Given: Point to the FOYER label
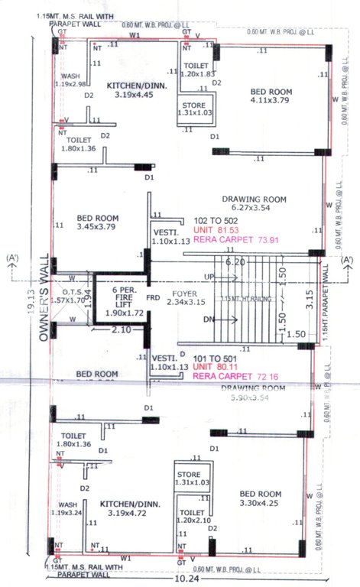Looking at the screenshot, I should [x=186, y=293].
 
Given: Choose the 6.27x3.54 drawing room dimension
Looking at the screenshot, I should [x=254, y=207].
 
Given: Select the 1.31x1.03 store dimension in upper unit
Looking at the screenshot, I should [x=197, y=112].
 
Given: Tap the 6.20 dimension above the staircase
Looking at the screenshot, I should [x=234, y=261].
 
